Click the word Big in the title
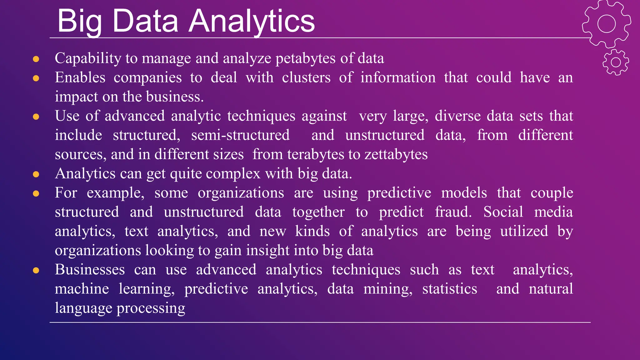click(x=80, y=21)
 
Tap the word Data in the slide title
click(x=145, y=21)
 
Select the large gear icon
click(x=606, y=24)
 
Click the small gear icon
click(x=616, y=62)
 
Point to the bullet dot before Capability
click(x=36, y=59)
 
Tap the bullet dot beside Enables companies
click(x=36, y=78)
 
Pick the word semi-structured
click(x=240, y=135)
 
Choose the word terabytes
click(x=319, y=155)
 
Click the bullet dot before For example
click(x=36, y=193)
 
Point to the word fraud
click(x=453, y=212)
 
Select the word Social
click(x=503, y=212)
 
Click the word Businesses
click(x=90, y=270)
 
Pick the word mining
click(x=387, y=289)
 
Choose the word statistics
click(x=450, y=289)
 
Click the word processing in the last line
click(x=151, y=308)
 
